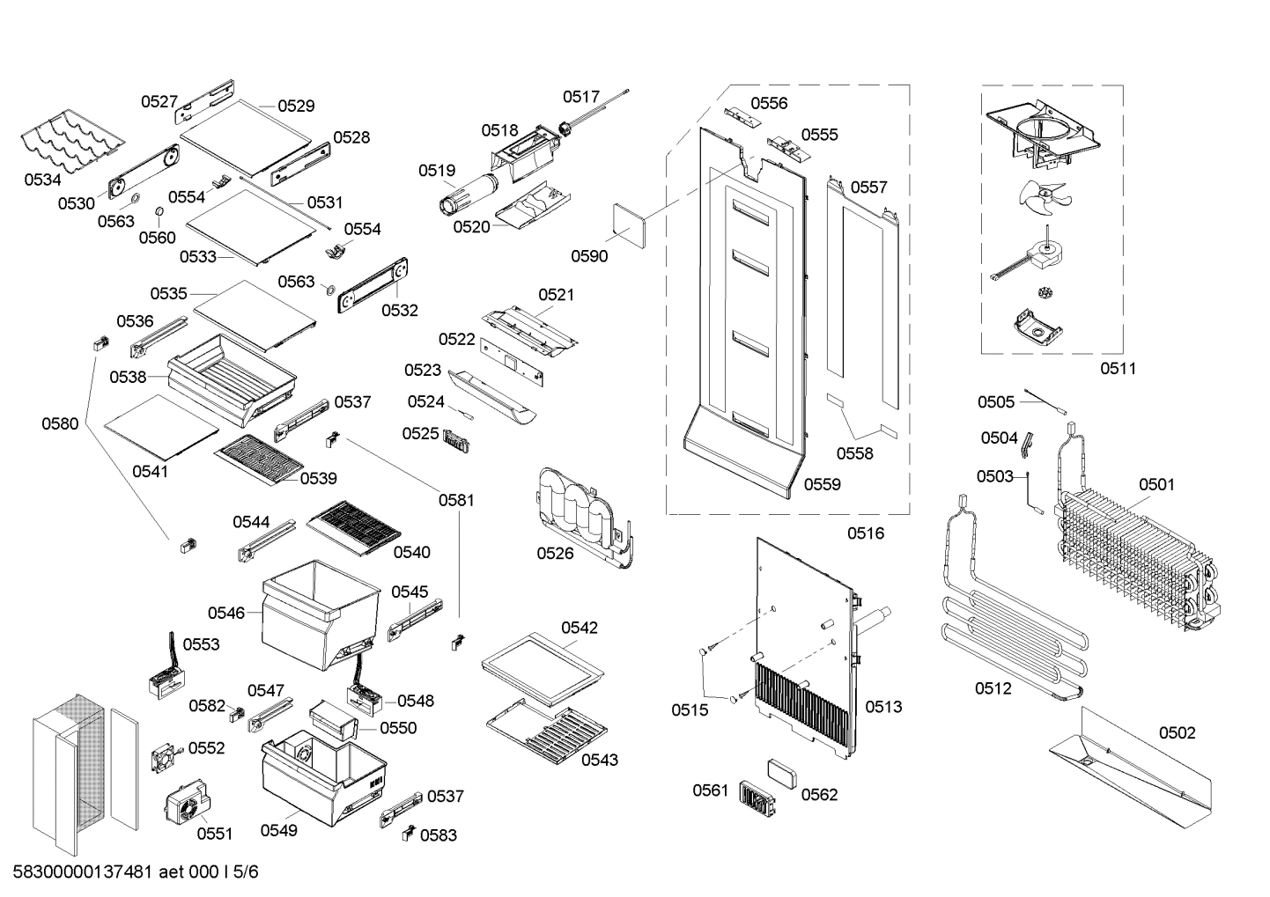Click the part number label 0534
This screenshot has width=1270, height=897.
pyautogui.click(x=42, y=180)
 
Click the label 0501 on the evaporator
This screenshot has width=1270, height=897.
pyautogui.click(x=1156, y=485)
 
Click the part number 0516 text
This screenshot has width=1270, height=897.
pyautogui.click(x=865, y=533)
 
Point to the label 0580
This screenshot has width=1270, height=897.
pyautogui.click(x=60, y=424)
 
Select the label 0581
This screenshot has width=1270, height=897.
pyautogui.click(x=456, y=501)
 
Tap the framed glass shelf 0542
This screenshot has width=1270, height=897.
pyautogui.click(x=543, y=666)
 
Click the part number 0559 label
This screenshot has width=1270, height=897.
pyautogui.click(x=822, y=484)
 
